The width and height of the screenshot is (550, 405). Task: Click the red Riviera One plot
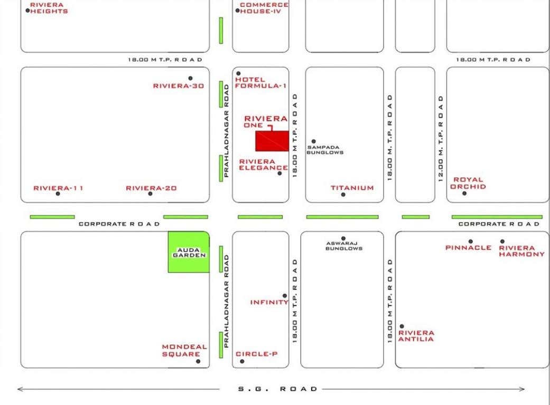pos(272,141)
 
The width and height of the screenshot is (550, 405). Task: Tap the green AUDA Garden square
pos(189,252)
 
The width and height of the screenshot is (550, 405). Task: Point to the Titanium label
pos(352,188)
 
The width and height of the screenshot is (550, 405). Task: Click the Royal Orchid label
pos(468,183)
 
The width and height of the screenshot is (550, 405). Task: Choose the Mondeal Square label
pos(184,350)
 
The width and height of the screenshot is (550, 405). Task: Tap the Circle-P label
pos(256,354)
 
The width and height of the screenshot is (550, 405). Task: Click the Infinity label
pos(269,302)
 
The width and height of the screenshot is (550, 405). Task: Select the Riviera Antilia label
pos(416,336)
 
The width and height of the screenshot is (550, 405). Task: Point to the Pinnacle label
pos(468,247)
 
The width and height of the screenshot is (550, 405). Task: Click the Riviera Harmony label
pos(521,250)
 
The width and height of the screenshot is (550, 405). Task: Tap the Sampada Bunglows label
pos(325,150)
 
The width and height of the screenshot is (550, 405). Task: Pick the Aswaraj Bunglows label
pos(343,246)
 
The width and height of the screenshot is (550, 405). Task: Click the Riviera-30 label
pos(178,85)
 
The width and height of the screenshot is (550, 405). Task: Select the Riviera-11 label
pos(58,188)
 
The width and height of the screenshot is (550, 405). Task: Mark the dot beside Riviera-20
pos(150,194)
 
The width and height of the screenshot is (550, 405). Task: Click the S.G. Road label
pos(277,389)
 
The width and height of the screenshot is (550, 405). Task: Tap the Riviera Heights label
pos(49,8)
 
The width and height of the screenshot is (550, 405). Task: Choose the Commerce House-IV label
pos(264,8)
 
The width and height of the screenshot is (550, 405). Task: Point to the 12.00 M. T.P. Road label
pos(441,138)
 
